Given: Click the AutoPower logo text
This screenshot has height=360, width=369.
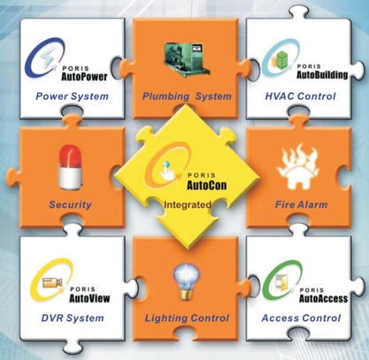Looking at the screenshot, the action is tap(84, 77).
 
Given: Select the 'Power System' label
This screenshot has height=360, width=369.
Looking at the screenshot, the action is tap(72, 96).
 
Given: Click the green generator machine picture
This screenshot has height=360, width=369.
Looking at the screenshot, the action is tap(187, 59).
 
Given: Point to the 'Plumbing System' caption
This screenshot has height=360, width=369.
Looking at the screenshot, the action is tap(187, 96).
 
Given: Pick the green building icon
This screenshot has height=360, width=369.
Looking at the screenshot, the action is tap(281, 60).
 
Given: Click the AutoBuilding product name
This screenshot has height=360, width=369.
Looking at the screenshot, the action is tap(322, 74).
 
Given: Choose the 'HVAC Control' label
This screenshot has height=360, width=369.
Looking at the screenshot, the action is tap(300, 96).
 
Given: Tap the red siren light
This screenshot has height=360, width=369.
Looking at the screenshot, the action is tap(70, 167).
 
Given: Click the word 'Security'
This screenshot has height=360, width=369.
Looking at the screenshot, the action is tap(70, 204).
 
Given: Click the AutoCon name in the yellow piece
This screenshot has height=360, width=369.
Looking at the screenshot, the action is tap(207, 186).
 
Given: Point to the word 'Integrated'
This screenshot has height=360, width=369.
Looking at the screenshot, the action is tap(188, 204).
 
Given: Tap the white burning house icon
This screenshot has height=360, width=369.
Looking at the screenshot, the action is tap(297, 166).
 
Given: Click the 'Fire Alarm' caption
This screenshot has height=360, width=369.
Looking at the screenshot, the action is tap(301, 204).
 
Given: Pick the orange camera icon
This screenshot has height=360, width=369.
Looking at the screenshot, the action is tap(52, 282).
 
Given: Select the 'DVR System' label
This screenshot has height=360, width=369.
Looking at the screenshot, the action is tap(73, 318).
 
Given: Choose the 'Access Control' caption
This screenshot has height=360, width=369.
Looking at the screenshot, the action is tap(301, 318).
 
